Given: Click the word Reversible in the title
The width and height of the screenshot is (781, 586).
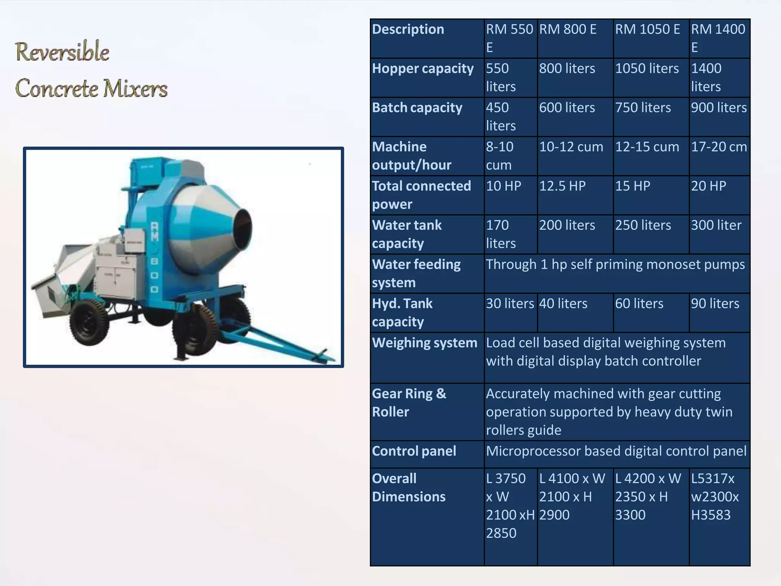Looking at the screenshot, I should [62, 52].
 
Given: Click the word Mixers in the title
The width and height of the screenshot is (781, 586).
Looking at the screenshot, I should [135, 89].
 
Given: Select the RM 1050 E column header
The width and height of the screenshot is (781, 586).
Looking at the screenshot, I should [647, 29].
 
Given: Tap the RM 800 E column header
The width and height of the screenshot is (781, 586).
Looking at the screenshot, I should [567, 29].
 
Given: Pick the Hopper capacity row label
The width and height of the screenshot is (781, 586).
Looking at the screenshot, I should [423, 69].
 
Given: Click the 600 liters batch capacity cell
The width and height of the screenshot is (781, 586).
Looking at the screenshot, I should [567, 108].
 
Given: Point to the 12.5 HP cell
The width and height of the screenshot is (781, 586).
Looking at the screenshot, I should [562, 186].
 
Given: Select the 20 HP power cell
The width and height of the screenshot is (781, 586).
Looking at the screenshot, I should [708, 186].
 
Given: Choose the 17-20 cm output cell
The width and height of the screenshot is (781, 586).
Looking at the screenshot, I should [718, 147].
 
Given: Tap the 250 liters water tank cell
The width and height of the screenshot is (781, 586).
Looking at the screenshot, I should [643, 225].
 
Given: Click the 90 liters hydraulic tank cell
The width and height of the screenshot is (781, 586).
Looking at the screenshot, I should [715, 304].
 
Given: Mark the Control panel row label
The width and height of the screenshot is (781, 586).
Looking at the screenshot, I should [414, 451].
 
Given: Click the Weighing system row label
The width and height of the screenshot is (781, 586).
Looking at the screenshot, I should [424, 343].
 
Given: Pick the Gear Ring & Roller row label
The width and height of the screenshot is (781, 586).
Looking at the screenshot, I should [409, 403].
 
